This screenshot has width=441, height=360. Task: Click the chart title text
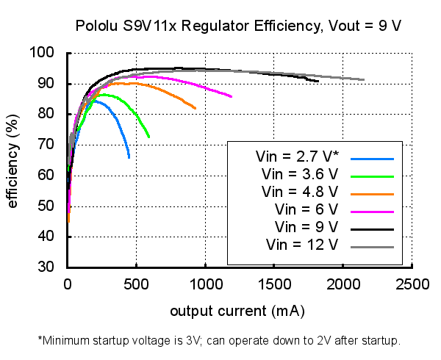[238, 26]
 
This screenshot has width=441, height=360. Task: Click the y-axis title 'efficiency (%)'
[12, 159]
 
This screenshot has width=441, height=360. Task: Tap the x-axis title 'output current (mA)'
[237, 311]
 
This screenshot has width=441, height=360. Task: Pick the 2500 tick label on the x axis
[412, 284]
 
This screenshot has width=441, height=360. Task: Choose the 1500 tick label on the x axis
[274, 284]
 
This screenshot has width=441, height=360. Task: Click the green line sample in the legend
[373, 176]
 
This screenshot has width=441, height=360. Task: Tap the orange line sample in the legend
[373, 192]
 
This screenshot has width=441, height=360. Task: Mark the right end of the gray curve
[364, 79]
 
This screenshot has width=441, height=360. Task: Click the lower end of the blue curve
[129, 157]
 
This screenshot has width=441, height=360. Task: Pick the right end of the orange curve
[196, 109]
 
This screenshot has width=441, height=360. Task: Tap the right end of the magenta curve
[232, 97]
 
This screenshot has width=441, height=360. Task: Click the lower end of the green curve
[149, 137]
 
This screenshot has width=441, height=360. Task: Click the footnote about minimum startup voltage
[220, 341]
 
